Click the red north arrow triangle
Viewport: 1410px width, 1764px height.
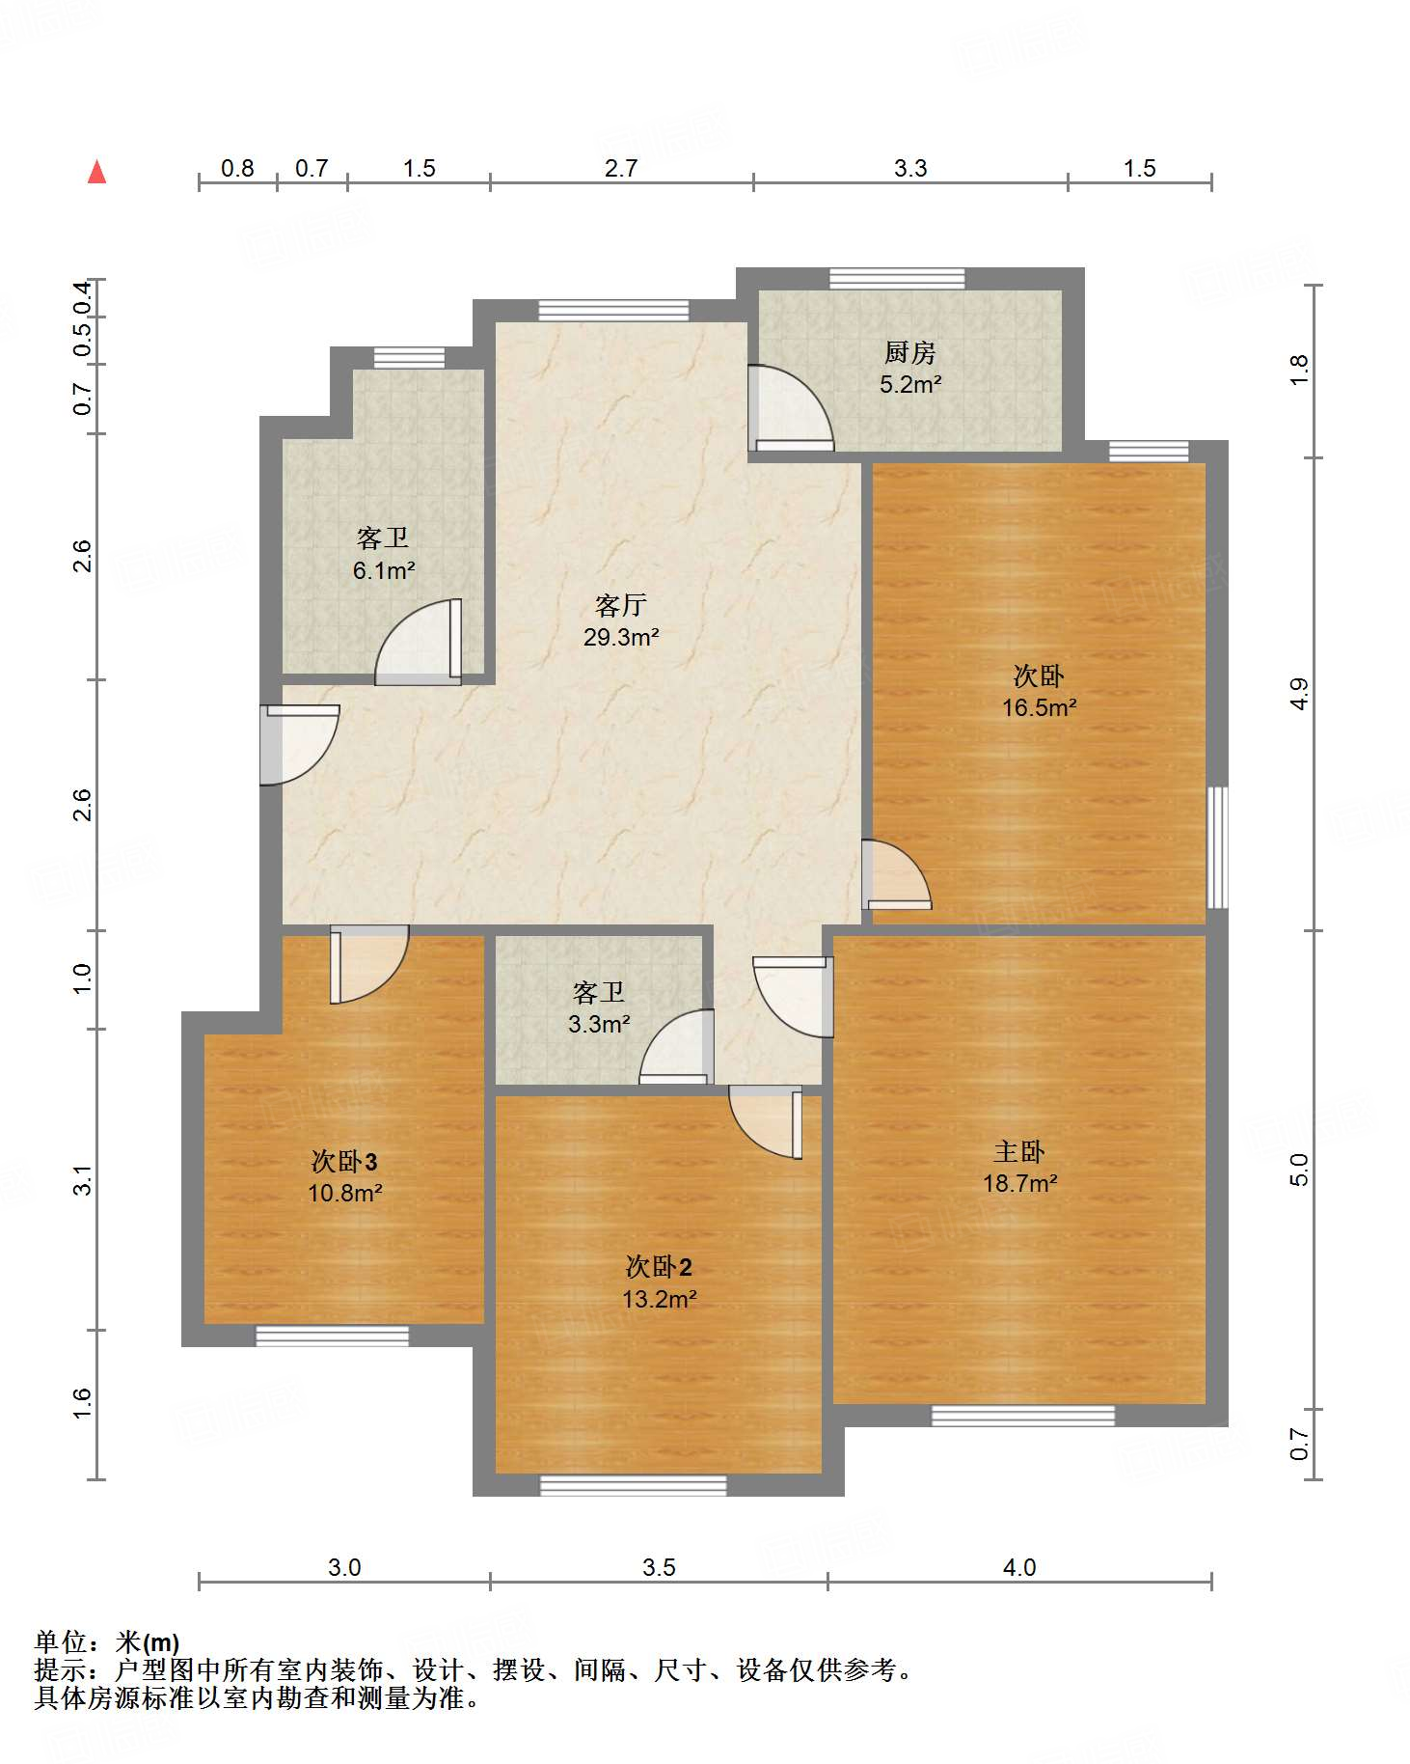pos(96,173)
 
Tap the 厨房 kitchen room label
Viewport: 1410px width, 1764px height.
pos(909,353)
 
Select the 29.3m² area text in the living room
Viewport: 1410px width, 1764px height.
pos(621,637)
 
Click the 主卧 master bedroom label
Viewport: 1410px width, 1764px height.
pos(1019,1151)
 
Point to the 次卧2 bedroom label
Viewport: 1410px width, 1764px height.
pos(659,1267)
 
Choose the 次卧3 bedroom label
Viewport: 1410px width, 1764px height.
pos(344,1161)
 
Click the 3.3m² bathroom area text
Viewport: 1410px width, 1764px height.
pos(599,1024)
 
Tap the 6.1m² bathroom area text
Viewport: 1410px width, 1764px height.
pos(384,570)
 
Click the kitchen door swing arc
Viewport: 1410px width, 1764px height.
pos(793,408)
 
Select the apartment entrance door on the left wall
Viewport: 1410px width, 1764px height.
pos(299,745)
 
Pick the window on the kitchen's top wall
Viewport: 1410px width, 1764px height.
pos(897,279)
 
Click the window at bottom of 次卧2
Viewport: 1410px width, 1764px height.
pos(633,1485)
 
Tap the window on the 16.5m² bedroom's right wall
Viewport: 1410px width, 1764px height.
pos(1218,847)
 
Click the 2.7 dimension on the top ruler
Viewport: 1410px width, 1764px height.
pos(621,169)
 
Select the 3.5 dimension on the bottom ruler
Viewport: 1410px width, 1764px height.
pos(659,1567)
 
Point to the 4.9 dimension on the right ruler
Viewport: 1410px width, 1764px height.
pos(1299,695)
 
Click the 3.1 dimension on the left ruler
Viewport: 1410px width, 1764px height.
pos(83,1180)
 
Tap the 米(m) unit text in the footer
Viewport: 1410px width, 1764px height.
pos(148,1641)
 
